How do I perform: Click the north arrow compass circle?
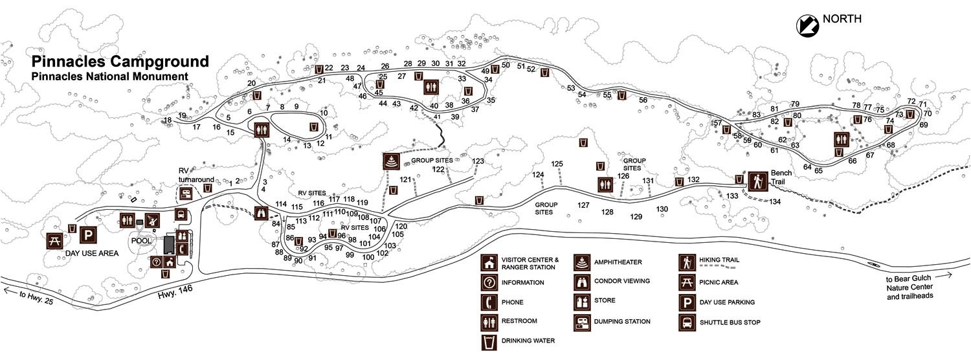pos(807,25)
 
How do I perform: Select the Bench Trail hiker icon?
pos(757,181)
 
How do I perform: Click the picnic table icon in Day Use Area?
pos(55,240)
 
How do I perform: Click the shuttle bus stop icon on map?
pos(181,214)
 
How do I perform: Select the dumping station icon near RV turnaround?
pos(187,192)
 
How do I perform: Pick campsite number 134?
pos(776,202)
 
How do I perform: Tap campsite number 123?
pos(478,161)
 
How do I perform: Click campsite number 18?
pos(168,120)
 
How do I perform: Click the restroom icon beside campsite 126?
pos(605,185)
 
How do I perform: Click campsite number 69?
pos(924,125)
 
